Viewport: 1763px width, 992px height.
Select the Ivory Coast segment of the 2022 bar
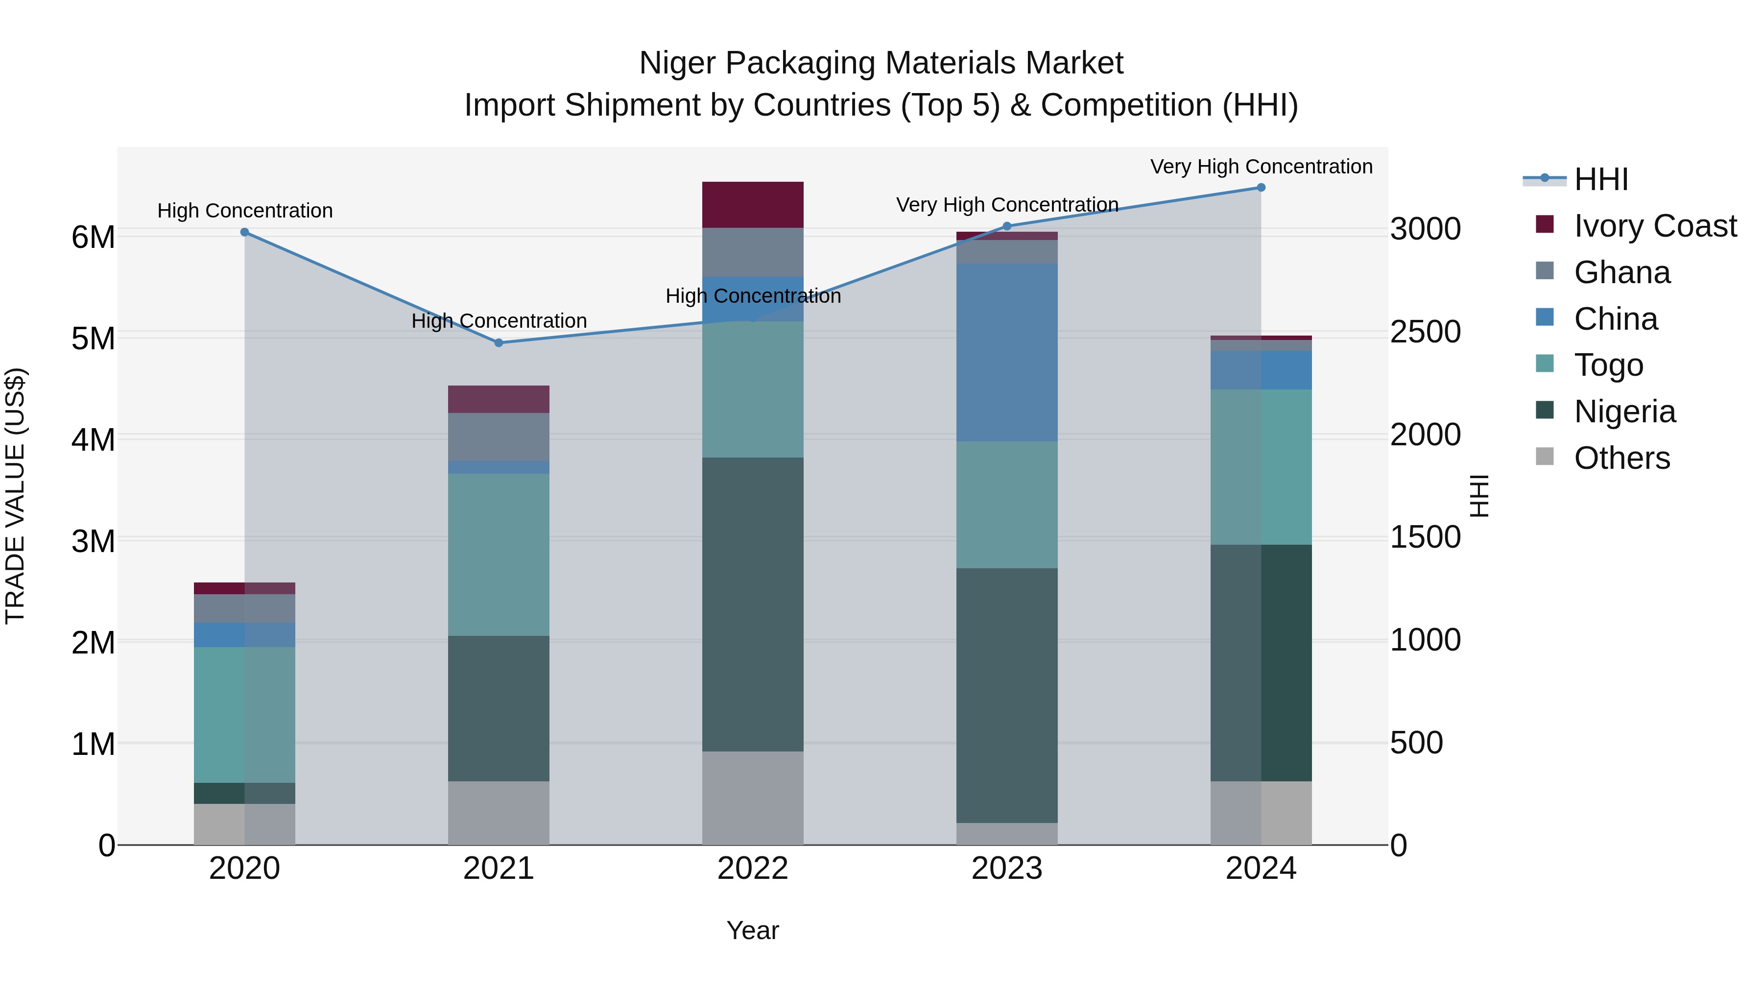coord(752,205)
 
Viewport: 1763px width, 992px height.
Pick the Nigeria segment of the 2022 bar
coord(752,604)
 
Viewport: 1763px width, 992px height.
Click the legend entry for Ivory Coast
coord(1654,226)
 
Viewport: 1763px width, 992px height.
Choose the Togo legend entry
coord(1608,365)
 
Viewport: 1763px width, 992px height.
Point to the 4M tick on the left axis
coord(93,439)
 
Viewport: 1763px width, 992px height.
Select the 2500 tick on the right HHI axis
coord(1425,332)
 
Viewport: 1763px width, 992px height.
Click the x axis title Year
coord(752,930)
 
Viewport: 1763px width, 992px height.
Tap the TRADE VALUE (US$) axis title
coord(15,496)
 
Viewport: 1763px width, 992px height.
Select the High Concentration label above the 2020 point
coord(245,210)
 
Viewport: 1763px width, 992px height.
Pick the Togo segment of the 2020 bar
coord(244,714)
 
